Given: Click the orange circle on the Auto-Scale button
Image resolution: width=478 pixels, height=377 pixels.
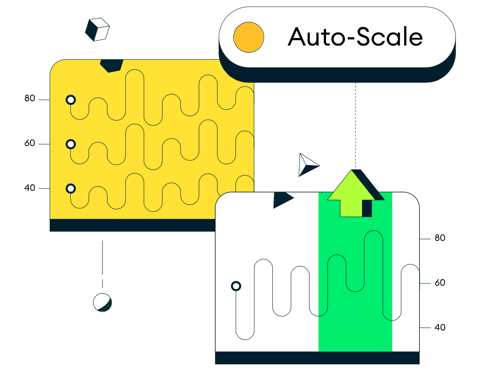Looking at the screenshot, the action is point(249,37).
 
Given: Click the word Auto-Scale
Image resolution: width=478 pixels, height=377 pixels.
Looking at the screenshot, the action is point(355,37).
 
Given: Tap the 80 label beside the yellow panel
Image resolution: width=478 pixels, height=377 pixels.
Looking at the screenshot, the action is point(29,98).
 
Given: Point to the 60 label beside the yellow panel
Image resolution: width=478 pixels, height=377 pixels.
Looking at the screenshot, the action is point(29,143).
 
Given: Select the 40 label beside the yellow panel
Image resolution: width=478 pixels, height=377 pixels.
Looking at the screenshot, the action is point(29,188).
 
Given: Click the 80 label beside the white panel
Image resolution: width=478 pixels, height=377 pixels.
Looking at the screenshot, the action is point(440,238).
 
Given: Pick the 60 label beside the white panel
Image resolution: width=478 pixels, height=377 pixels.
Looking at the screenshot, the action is point(440,283).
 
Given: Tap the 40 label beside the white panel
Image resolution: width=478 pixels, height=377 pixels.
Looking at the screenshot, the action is point(440,328).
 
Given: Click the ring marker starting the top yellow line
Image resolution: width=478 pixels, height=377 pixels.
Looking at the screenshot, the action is point(71,100).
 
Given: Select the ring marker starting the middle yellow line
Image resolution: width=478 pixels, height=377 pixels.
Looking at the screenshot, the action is point(71,144).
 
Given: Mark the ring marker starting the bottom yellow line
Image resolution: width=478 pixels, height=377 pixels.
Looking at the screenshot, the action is point(71,188).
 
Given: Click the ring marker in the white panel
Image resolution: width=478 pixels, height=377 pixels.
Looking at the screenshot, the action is point(236,286).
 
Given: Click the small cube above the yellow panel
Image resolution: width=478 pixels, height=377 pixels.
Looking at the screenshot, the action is point(97,29).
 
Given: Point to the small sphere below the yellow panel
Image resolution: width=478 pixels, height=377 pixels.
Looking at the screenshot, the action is point(103,302).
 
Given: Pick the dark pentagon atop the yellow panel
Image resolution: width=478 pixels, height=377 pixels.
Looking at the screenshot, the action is point(111,65).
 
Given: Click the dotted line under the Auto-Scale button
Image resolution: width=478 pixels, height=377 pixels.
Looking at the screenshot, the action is point(355,125).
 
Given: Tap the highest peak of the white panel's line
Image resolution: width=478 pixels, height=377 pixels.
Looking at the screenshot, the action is point(373,231).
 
